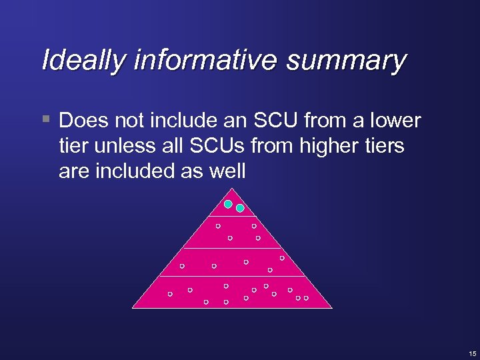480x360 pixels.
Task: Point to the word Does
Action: click(x=81, y=121)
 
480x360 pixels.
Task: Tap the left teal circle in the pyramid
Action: click(x=228, y=203)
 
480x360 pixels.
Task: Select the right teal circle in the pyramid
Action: click(x=240, y=207)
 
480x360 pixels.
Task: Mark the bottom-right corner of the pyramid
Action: click(x=331, y=307)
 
